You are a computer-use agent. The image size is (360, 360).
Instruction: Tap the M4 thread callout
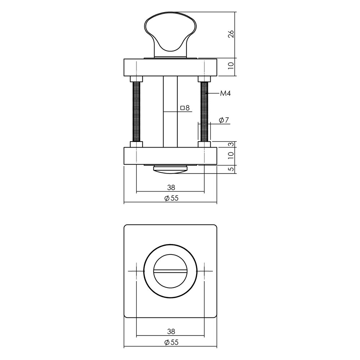pos(225,94)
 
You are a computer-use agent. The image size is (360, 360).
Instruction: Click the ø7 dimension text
pos(224,120)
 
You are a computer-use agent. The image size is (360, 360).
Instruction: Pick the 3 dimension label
pos(231,144)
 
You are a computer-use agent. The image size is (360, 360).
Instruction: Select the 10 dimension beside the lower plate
pos(231,156)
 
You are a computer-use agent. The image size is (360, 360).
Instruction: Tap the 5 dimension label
pos(231,168)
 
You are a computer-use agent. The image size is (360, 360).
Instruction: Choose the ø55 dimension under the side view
pos(171,198)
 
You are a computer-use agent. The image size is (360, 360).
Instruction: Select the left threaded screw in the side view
pos(136,112)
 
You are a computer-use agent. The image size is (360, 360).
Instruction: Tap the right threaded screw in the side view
pos(204,112)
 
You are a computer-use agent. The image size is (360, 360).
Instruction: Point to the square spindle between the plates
pos(170,112)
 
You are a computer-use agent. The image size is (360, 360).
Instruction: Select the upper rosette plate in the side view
pos(170,67)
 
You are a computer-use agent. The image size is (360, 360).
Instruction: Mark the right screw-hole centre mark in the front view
pos(204,271)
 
